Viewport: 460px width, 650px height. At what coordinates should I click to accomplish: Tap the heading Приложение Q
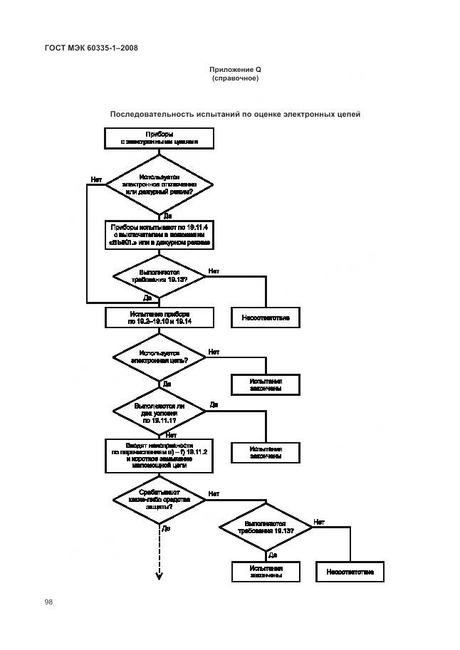235,70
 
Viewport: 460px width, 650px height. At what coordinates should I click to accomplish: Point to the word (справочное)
235,78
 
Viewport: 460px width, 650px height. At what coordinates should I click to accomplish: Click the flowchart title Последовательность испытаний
235,114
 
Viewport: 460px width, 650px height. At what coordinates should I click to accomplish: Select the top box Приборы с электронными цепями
159,137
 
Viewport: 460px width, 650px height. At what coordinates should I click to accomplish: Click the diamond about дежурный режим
160,184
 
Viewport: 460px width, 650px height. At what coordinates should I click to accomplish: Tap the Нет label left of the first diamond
96,179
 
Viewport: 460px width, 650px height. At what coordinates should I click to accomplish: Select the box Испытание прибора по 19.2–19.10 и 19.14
160,317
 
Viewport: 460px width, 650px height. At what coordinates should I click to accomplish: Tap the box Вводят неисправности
160,456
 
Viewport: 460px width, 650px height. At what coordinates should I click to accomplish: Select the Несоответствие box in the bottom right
350,572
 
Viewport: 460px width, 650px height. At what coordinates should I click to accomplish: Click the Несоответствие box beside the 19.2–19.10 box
266,317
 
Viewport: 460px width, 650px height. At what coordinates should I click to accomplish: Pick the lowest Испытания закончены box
266,572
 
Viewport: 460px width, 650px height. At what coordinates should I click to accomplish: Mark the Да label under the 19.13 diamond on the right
272,555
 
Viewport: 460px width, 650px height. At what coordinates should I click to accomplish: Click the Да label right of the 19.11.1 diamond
214,404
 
